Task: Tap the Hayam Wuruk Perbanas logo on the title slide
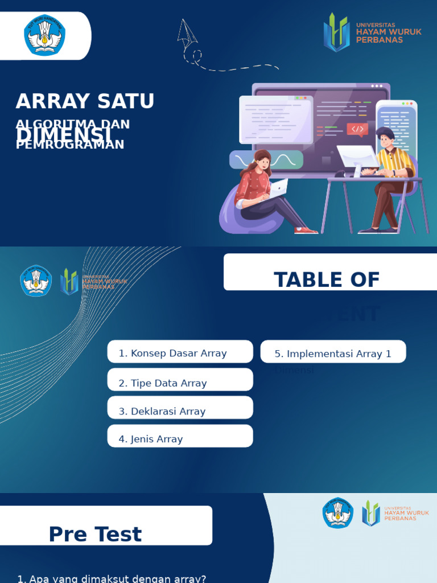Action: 372,32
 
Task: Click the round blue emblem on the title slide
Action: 44,35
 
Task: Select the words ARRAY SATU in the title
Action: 85,101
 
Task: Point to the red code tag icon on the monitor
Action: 357,129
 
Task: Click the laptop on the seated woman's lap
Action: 277,189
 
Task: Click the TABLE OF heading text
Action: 327,280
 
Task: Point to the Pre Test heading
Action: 95,535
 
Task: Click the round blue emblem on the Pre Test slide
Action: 338,513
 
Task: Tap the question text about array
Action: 112,578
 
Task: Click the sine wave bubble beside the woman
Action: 266,160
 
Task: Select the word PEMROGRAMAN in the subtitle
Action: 70,145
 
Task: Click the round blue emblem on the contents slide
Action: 36,281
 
